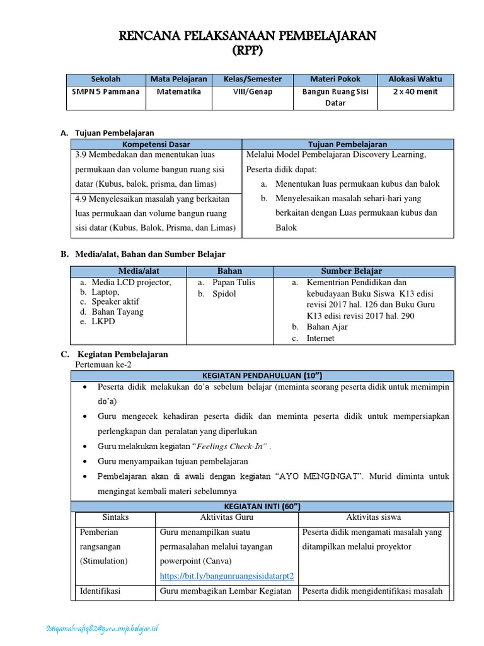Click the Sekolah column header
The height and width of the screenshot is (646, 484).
tap(106, 79)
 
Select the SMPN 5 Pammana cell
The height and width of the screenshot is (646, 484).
tap(106, 91)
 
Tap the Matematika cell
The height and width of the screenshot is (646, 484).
tap(178, 91)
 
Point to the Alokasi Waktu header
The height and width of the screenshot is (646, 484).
tap(415, 79)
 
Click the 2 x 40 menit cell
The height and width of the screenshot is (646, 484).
tap(415, 91)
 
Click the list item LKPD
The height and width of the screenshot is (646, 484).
tap(105, 322)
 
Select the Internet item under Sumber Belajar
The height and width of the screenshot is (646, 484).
tap(321, 339)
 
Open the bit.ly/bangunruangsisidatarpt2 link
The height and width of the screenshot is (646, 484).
tap(227, 576)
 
